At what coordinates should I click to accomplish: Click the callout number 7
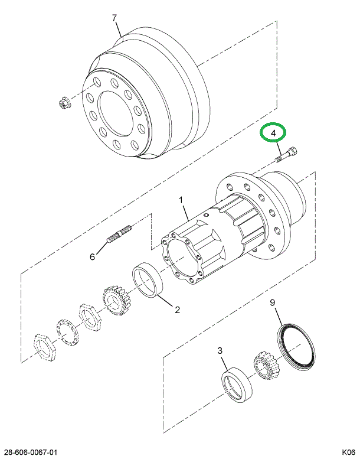pos(116,18)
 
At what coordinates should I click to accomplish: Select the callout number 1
pos(182,201)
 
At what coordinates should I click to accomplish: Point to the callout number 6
pos(92,256)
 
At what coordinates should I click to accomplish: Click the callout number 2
pos(176,309)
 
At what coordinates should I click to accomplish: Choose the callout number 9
pos(273,304)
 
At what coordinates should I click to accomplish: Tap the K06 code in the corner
pos(349,452)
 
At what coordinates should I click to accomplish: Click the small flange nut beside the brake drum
pos(63,105)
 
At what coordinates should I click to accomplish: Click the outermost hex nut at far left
pos(44,346)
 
